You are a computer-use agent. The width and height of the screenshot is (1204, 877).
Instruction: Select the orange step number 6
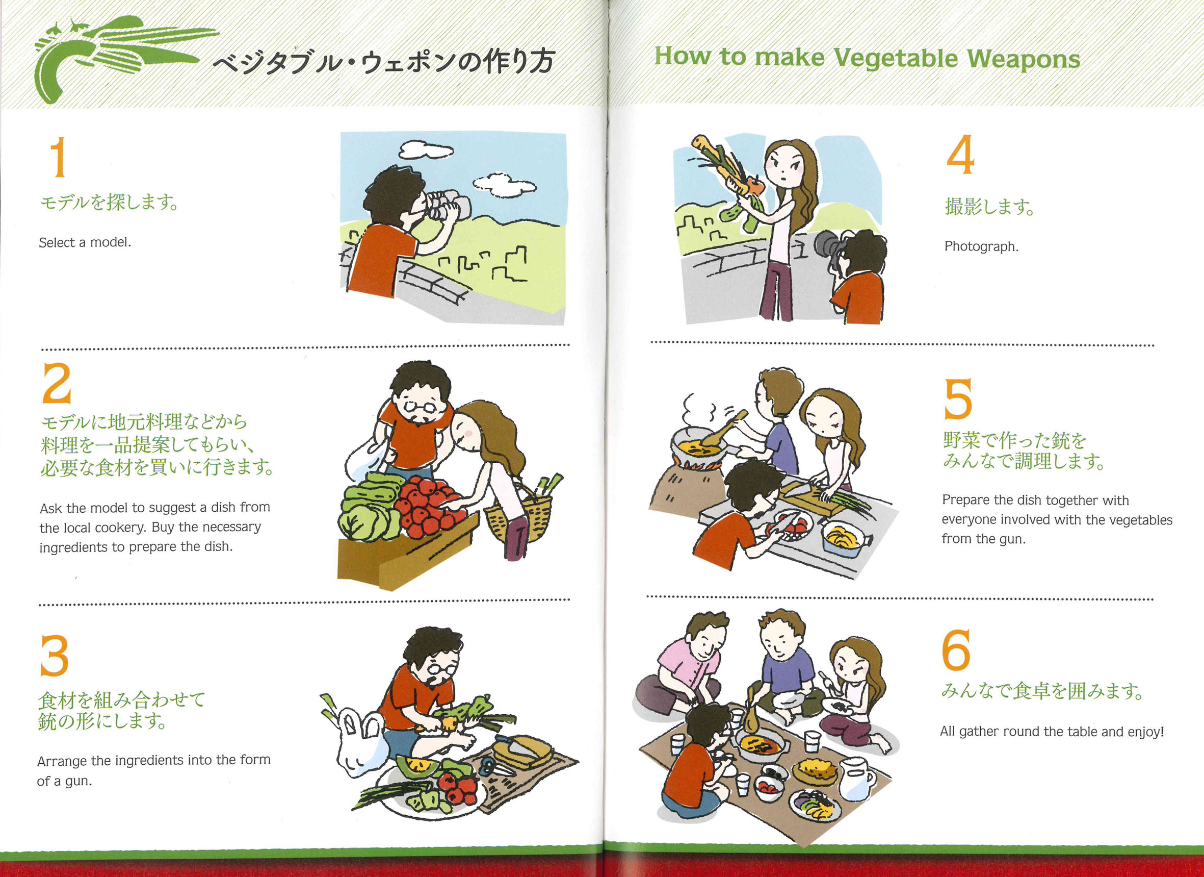pos(956,649)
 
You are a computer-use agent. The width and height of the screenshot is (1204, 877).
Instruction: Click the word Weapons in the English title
pos(1024,59)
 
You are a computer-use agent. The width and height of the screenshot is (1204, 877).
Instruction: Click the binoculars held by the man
pos(449,205)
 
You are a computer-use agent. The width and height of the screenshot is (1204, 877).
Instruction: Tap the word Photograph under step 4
pos(981,246)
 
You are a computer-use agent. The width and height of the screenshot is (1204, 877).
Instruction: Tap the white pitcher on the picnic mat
pos(855,778)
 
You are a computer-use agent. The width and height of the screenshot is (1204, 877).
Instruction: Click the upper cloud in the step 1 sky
pos(426,149)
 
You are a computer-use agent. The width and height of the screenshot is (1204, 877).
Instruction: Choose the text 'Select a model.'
pos(85,243)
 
